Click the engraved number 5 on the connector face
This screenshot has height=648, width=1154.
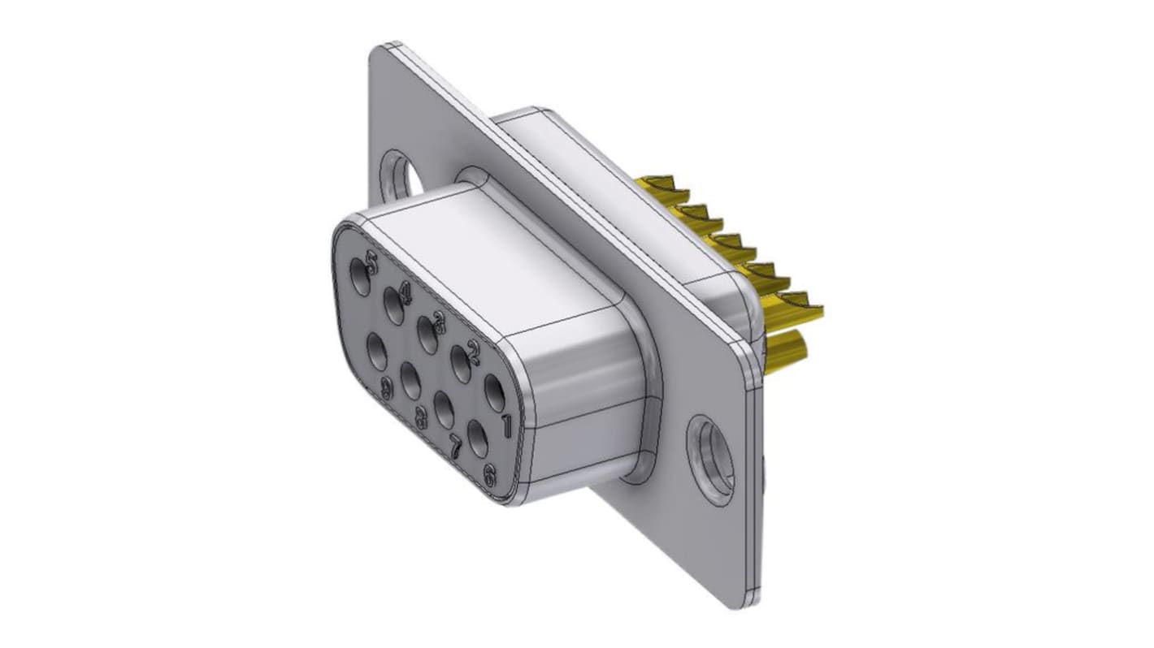[372, 262]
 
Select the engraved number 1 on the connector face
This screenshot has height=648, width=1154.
[505, 425]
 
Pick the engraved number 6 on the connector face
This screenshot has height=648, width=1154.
[489, 477]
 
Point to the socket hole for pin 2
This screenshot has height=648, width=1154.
[462, 364]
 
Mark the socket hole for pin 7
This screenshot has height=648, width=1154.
[444, 409]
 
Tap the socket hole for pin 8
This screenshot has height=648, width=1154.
[410, 380]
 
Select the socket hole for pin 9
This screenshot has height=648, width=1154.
[377, 351]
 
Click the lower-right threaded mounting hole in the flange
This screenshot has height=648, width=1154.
[709, 460]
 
